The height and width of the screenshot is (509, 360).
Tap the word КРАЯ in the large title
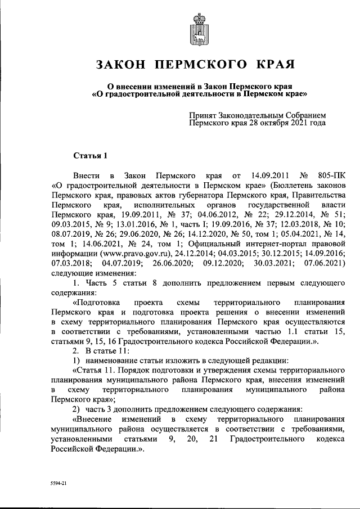tap(275, 65)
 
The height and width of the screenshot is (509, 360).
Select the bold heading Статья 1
tap(90, 155)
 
